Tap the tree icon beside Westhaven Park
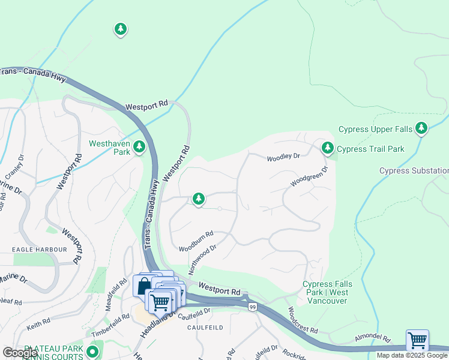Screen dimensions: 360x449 139,146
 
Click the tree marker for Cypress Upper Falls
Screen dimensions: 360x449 421,127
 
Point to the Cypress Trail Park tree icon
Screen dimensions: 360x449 327,146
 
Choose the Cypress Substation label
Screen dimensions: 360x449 414,171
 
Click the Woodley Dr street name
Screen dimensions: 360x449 283,157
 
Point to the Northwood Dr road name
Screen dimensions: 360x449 202,257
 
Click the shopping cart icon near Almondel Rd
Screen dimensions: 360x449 417,340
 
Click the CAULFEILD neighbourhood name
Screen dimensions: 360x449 205,328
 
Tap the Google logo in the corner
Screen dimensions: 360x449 20,353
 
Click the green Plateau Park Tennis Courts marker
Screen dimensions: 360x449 92,350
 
